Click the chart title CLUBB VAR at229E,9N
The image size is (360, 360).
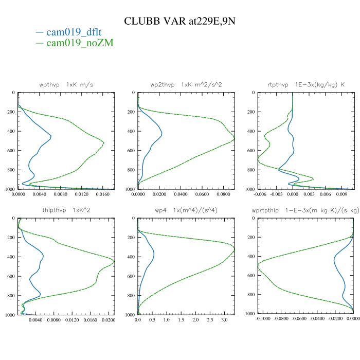point(180,21)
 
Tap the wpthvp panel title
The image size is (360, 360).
point(66,84)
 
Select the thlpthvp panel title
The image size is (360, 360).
point(66,210)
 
